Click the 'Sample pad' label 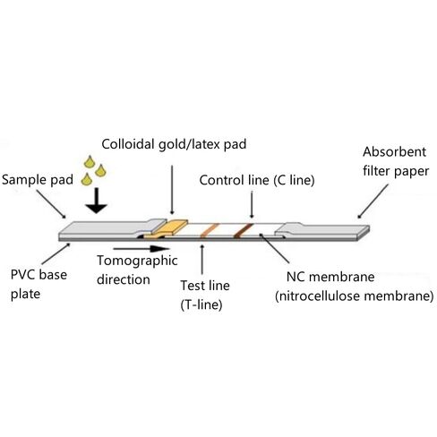(38, 180)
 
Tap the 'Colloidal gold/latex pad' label (174, 144)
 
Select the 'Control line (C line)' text (257, 180)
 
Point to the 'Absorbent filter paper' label (396, 161)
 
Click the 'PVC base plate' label (39, 284)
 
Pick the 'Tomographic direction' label (137, 270)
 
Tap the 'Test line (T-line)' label (205, 295)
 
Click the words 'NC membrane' (330, 277)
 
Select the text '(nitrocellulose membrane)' (355, 296)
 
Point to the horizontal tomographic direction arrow (141, 249)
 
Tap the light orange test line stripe (210, 230)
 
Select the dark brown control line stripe (244, 230)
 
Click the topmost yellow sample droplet (90, 162)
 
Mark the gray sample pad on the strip (112, 228)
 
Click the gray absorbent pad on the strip (322, 230)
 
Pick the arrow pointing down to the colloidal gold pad (172, 190)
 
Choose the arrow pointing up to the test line (202, 260)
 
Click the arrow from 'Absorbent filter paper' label (373, 201)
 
